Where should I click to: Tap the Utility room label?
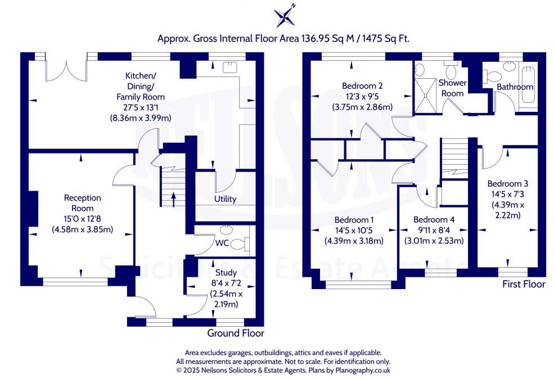(x=225, y=199)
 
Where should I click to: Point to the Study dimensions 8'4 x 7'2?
(x=225, y=283)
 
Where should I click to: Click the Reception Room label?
(x=82, y=203)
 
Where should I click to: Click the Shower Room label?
(x=452, y=88)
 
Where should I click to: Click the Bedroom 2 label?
(x=362, y=86)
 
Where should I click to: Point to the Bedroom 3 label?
(x=507, y=184)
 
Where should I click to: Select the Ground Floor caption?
(x=235, y=333)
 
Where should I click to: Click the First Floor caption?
(x=524, y=285)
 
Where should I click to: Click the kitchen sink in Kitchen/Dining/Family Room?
(x=229, y=67)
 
